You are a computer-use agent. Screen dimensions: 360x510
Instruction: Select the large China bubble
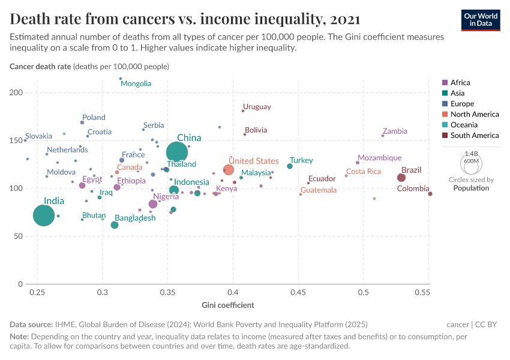[177, 152]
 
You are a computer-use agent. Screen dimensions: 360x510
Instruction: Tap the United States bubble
[229, 170]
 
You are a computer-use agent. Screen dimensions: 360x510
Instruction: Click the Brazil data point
[401, 178]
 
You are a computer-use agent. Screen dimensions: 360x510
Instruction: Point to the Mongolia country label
[136, 84]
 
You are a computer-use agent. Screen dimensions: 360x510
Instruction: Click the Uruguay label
[257, 107]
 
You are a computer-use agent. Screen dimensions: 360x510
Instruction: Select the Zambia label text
[395, 131]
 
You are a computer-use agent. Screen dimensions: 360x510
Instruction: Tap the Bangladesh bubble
[115, 225]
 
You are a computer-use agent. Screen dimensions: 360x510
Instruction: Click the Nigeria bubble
[153, 204]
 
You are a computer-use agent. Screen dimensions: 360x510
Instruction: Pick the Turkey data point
[290, 166]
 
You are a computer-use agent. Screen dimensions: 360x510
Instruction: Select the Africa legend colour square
[445, 83]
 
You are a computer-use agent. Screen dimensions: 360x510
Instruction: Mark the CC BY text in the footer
[487, 325]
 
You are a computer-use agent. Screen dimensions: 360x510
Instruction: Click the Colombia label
[413, 189]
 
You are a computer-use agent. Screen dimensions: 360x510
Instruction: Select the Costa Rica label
[363, 172]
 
